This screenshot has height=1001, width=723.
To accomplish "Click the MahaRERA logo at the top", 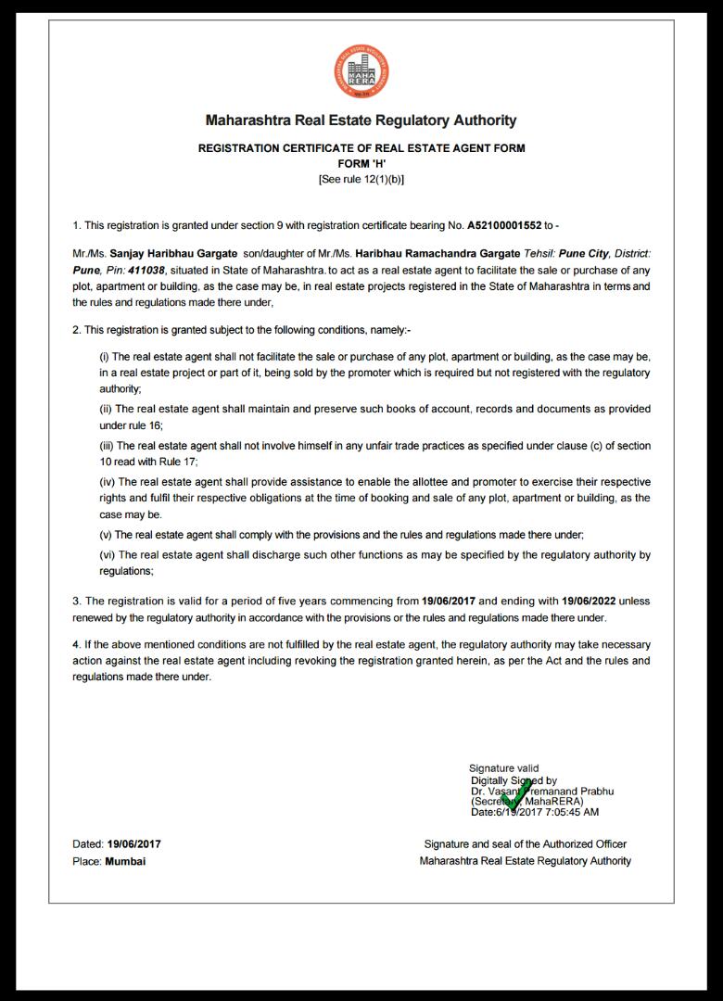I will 361,72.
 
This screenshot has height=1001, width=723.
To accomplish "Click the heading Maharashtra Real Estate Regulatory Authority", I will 361,120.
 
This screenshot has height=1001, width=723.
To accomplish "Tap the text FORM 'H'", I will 361,163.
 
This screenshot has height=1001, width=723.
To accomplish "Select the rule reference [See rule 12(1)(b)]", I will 361,179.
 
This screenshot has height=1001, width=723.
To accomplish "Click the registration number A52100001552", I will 503,225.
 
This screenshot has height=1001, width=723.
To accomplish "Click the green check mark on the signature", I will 516,795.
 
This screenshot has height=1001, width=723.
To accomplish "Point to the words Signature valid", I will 503,768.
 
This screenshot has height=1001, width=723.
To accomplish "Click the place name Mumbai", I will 125,861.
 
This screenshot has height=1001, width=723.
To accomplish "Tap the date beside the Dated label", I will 133,844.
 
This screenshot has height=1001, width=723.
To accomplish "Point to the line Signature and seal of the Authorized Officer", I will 525,844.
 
